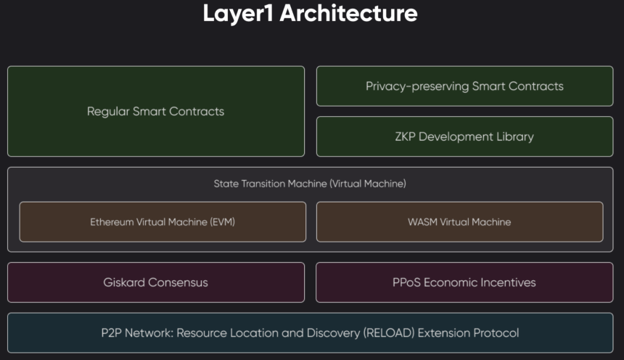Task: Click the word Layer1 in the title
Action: click(237, 13)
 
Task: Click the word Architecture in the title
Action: click(348, 13)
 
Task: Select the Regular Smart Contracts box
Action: click(156, 111)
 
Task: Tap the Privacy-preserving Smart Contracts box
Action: click(464, 86)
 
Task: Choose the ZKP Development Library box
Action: click(464, 136)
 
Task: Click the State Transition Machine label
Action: click(310, 184)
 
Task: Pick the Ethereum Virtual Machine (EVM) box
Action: click(163, 222)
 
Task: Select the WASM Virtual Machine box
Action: click(459, 222)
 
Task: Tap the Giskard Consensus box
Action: click(156, 282)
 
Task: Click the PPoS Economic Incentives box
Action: click(464, 282)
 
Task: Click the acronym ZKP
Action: click(405, 136)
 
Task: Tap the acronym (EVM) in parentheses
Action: click(222, 222)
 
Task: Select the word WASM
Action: click(422, 222)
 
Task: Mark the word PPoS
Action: click(406, 282)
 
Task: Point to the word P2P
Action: click(111, 333)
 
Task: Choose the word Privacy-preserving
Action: click(417, 86)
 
